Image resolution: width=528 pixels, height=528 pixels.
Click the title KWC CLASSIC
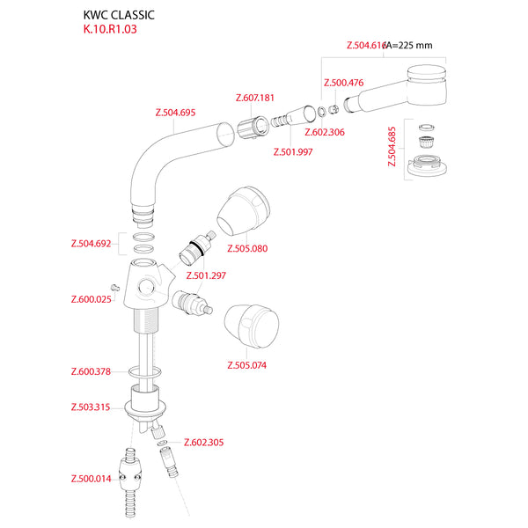point(119,15)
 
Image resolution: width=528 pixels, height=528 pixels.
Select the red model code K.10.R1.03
point(110,29)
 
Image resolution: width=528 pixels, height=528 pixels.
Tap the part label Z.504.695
point(174,114)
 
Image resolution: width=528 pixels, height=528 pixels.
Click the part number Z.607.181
point(255,98)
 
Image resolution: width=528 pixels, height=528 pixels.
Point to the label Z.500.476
point(343,83)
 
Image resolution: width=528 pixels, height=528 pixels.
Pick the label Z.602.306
point(325,132)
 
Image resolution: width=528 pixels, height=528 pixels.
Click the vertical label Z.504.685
point(392,147)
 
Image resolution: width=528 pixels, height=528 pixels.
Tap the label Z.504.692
point(91,244)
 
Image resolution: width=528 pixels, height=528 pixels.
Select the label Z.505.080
point(246,248)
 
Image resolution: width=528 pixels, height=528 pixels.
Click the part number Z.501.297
point(206,275)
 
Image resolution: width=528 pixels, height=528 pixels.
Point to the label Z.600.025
point(91,299)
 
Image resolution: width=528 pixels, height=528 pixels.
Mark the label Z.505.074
point(246,365)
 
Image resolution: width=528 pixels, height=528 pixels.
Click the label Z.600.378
point(91,371)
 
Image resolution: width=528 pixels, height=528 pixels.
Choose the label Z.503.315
point(91,407)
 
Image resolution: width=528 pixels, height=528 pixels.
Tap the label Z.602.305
point(203,443)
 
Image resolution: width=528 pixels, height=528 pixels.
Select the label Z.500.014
point(91,480)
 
